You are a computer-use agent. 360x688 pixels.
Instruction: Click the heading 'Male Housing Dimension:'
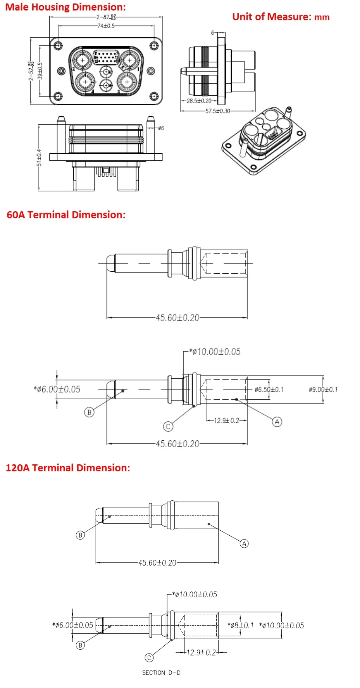click(65, 7)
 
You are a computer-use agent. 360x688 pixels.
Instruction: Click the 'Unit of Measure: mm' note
click(281, 17)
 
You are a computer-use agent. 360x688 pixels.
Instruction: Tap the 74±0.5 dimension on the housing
click(106, 26)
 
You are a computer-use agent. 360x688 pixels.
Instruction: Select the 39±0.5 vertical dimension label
click(40, 71)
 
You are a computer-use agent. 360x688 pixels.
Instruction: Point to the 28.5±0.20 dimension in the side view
click(199, 101)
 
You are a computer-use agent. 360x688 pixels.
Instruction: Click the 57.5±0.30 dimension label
click(217, 111)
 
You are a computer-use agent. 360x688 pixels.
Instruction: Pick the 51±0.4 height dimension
click(39, 157)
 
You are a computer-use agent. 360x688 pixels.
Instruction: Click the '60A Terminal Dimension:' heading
click(66, 215)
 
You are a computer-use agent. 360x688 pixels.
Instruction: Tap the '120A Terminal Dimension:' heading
click(68, 468)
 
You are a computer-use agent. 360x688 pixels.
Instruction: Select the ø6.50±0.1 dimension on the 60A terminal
click(269, 390)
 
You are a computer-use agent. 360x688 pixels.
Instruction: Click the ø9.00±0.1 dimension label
click(323, 390)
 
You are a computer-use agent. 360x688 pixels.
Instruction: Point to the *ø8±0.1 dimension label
click(240, 626)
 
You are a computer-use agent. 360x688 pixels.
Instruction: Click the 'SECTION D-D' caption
click(161, 673)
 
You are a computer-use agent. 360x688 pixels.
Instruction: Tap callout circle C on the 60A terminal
click(168, 427)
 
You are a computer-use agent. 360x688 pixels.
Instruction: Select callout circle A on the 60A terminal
click(277, 422)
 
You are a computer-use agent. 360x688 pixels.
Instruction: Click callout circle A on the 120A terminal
click(244, 544)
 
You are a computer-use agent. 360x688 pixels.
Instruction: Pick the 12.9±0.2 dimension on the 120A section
click(201, 653)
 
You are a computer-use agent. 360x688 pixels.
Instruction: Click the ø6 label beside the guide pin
click(160, 128)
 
